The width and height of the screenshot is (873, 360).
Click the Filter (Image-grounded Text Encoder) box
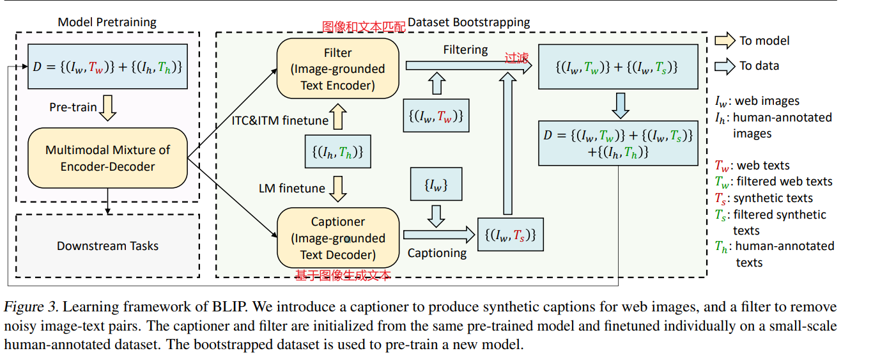pyautogui.click(x=338, y=68)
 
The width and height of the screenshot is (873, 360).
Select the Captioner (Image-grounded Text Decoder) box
pyautogui.click(x=338, y=237)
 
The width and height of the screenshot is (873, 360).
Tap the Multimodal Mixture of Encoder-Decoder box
pyautogui.click(x=107, y=158)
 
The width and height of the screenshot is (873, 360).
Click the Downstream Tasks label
pyautogui.click(x=107, y=246)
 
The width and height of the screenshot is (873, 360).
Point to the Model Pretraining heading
pyautogui.click(x=107, y=22)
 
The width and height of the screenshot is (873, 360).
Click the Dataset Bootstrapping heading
pyautogui.click(x=469, y=22)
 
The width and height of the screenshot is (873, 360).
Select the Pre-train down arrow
pyautogui.click(x=107, y=107)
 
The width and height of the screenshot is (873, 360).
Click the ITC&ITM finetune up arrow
pyautogui.click(x=338, y=116)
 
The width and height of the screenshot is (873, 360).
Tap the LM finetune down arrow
pyautogui.click(x=338, y=189)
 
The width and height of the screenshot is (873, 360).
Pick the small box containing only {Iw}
pyautogui.click(x=436, y=184)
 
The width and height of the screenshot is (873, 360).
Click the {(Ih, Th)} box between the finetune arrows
pyautogui.click(x=338, y=152)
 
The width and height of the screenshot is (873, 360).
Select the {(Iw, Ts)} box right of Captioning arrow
pyautogui.click(x=511, y=235)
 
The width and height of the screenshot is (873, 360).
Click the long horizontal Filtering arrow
pyautogui.click(x=469, y=66)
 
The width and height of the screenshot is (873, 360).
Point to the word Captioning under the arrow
pyautogui.click(x=437, y=253)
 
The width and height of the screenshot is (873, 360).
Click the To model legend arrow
pyautogui.click(x=725, y=40)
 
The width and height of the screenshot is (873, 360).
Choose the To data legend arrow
pyautogui.click(x=725, y=66)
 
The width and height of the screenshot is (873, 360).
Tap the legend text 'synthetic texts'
pyautogui.click(x=773, y=198)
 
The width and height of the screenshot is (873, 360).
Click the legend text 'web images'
pyautogui.click(x=767, y=101)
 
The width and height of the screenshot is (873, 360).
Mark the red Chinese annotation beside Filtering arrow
pyautogui.click(x=516, y=58)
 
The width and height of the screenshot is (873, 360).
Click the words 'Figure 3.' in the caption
pyautogui.click(x=31, y=306)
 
